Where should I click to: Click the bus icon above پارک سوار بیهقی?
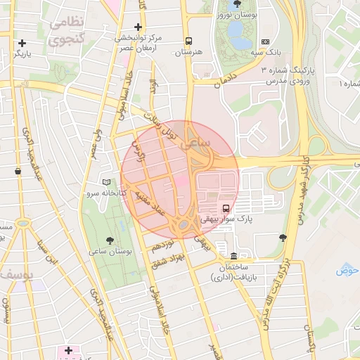pyautogui.click(x=226, y=208)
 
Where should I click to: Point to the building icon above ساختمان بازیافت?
pyautogui.click(x=233, y=255)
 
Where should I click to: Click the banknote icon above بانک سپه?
pyautogui.click(x=265, y=42)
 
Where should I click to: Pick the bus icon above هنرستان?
pyautogui.click(x=188, y=41)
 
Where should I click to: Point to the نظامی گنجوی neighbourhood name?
pyautogui.click(x=67, y=31)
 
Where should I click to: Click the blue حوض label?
pyautogui.click(x=347, y=270)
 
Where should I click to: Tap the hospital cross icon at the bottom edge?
pyautogui.click(x=68, y=349)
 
